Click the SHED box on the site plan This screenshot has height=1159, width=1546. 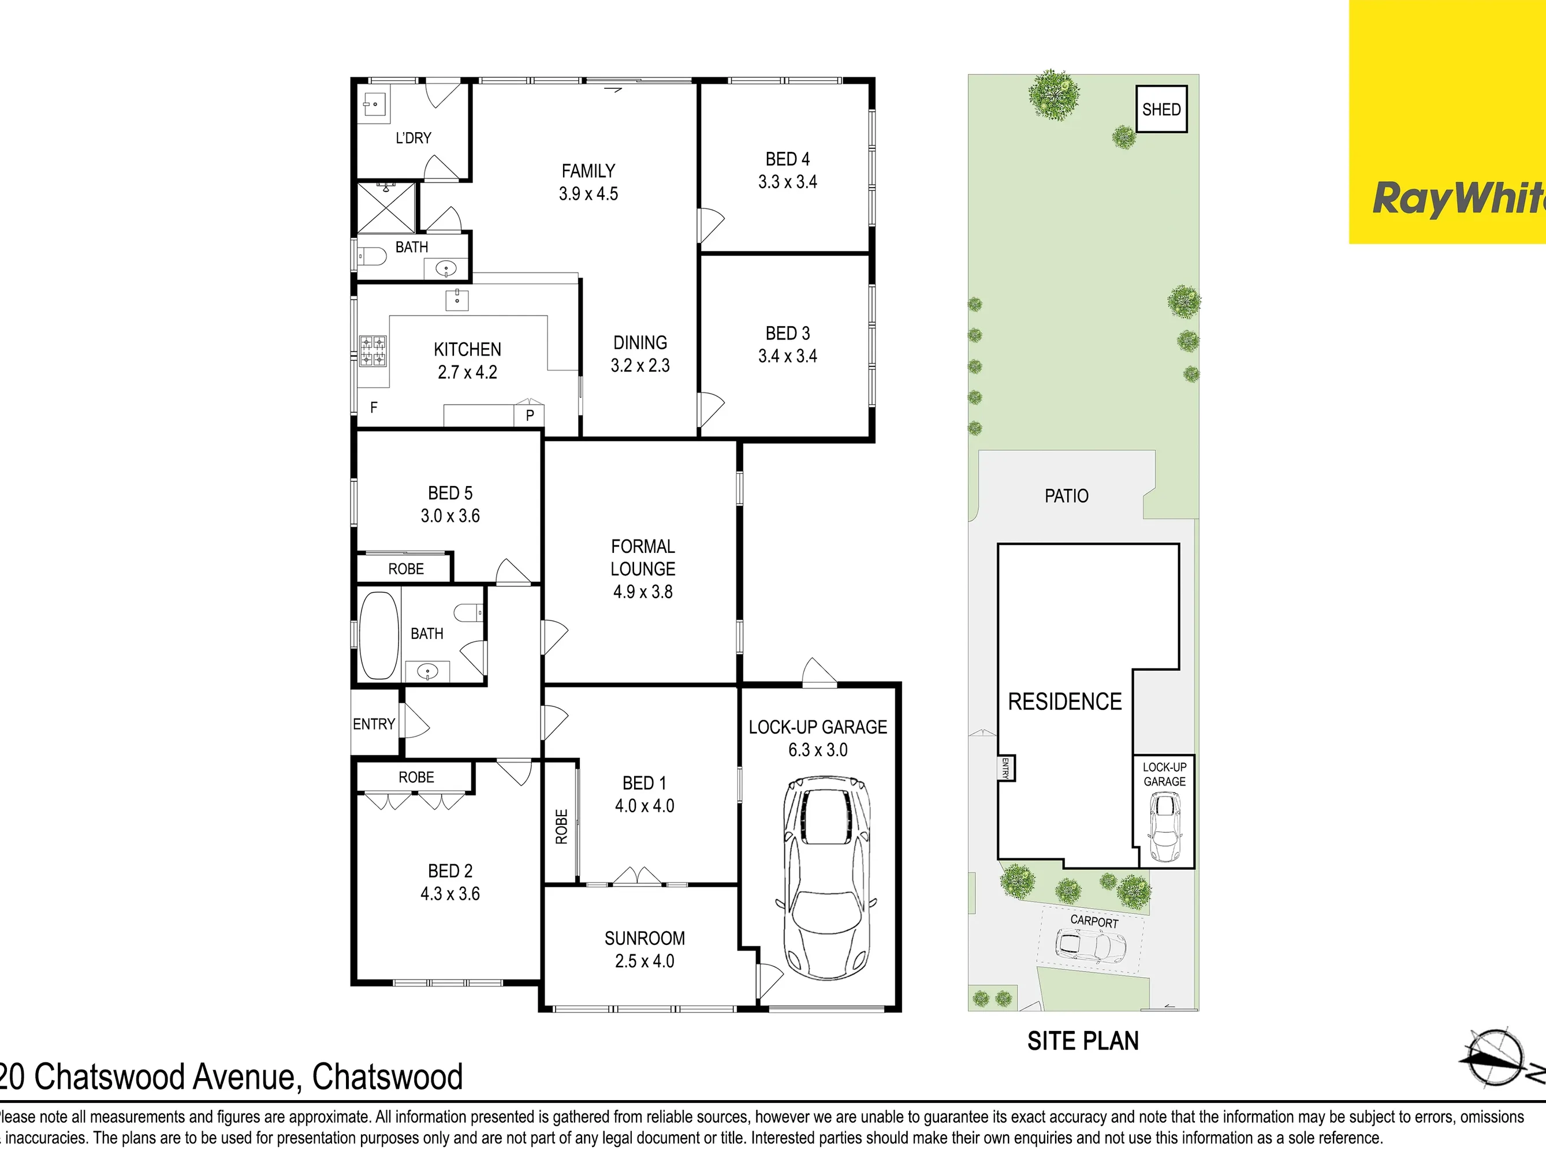1161,109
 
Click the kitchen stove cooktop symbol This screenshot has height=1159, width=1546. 372,351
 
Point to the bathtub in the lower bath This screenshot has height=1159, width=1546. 379,635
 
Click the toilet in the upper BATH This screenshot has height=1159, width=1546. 372,256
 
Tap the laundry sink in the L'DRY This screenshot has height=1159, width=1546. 374,105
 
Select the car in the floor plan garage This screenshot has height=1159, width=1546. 825,877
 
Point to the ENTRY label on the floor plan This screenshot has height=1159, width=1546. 374,724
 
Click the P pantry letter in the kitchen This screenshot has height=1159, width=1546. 530,415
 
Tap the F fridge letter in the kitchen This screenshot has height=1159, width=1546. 374,407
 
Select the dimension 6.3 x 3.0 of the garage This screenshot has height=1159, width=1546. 818,750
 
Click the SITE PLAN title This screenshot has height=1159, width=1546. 1083,1041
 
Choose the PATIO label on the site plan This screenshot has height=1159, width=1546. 1067,496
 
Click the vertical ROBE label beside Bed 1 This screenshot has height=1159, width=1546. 561,827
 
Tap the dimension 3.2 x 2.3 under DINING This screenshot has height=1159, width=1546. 640,365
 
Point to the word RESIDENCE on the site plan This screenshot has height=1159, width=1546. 1064,701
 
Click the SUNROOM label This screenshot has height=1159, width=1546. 645,939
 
